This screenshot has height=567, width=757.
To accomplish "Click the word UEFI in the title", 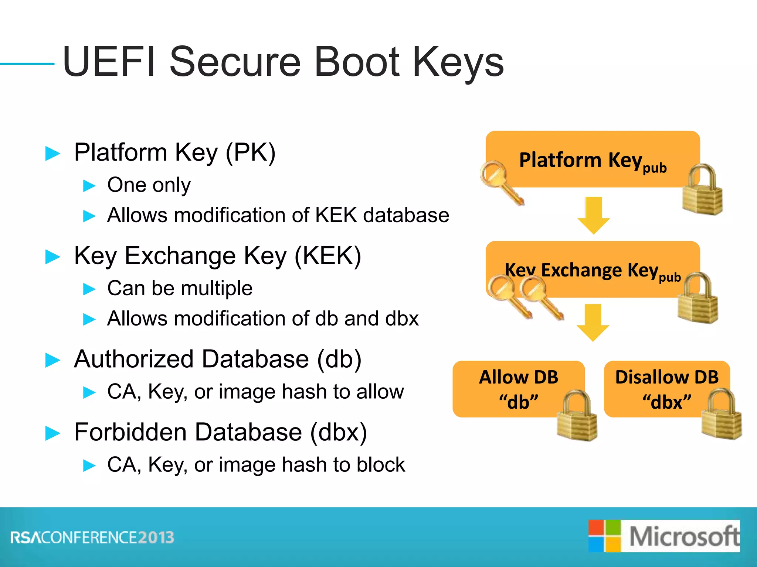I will point(109,62).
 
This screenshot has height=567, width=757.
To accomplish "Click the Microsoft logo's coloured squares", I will point(605,536).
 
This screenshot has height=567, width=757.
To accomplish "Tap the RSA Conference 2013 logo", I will point(92,537).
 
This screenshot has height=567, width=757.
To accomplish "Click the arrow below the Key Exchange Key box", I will point(593,322).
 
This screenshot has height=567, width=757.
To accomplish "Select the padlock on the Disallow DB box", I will point(721,415).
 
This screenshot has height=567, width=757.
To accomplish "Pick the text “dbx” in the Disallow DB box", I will point(666,402).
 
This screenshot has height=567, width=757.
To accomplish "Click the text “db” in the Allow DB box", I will point(518,402).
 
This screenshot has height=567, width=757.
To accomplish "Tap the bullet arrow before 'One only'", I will point(89,185).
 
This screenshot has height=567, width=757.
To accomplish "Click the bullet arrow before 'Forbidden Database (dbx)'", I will point(52,433).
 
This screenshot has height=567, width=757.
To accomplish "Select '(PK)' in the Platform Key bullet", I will point(250,152).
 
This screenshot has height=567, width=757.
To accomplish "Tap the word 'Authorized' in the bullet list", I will point(134,359).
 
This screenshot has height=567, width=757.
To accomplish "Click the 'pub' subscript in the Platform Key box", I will point(655,168).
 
